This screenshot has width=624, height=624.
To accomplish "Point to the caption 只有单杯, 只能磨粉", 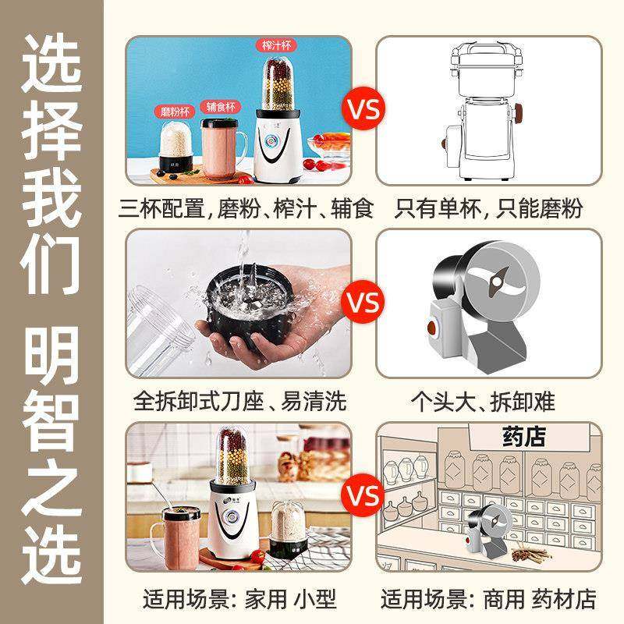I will tap(489, 209).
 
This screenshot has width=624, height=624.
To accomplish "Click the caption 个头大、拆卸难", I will tap(489, 402).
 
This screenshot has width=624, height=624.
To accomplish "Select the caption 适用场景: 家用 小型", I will tap(239, 598).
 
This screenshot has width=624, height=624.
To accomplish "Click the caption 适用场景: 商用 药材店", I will tap(489, 598).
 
